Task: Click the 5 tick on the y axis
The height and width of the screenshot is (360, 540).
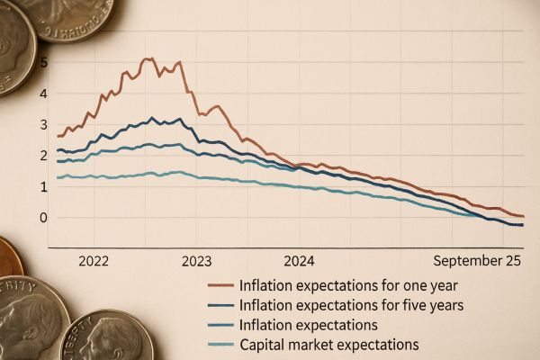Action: [x=43, y=62]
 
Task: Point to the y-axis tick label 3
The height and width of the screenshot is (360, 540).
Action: [x=43, y=124]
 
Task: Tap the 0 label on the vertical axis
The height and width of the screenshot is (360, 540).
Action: [x=43, y=217]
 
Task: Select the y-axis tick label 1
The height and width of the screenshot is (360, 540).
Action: [x=43, y=186]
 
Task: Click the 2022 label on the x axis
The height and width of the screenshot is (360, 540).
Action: [x=94, y=261]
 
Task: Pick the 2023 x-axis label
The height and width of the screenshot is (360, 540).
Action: [x=196, y=261]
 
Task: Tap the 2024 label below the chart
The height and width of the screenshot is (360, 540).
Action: [x=299, y=261]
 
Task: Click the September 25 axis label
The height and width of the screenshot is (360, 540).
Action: [x=477, y=261]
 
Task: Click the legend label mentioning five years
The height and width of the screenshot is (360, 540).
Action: [x=351, y=305]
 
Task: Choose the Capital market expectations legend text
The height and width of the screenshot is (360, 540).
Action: [x=328, y=345]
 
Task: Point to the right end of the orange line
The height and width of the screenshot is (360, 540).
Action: [x=523, y=216]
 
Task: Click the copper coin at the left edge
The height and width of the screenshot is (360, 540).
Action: [x=9, y=256]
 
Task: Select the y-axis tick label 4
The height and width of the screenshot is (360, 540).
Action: [x=43, y=94]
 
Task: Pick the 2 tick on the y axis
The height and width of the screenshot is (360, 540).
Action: [x=43, y=156]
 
